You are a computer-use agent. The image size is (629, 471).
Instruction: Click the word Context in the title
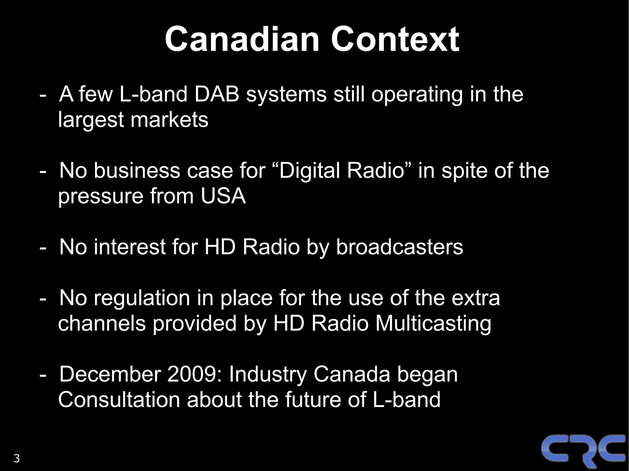395,39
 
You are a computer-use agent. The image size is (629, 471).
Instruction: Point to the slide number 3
17,458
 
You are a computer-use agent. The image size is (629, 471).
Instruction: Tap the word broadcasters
399,247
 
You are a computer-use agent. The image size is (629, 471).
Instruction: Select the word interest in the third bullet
130,247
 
